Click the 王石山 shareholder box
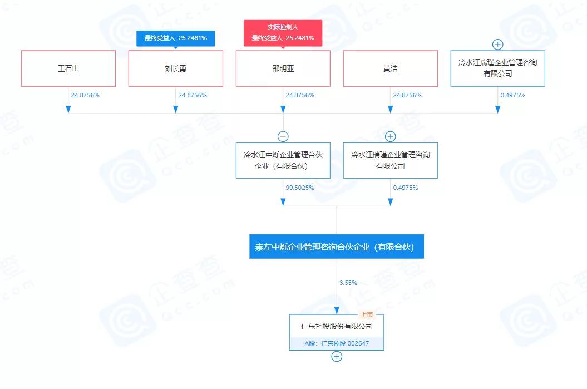68,68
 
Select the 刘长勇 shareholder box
175,68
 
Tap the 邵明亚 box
283,68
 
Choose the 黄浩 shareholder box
390,68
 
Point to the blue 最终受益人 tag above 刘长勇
175,38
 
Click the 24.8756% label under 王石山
85,95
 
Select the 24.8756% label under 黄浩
407,95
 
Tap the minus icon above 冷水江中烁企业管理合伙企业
283,136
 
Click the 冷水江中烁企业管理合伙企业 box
283,160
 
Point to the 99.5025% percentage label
300,188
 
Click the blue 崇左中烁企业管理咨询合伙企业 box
336,247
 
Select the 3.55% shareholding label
348,283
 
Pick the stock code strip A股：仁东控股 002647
337,344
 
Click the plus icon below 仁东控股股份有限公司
337,357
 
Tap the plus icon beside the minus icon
390,136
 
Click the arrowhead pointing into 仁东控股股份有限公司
337,310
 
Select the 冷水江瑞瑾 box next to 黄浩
497,68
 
